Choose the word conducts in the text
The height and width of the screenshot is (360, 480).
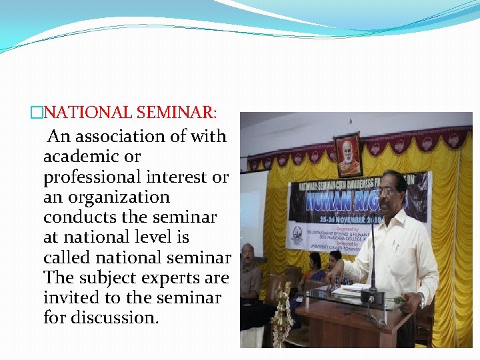pos(84,217)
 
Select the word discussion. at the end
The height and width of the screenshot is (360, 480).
pos(101,317)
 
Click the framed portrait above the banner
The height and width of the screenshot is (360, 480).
pos(347,154)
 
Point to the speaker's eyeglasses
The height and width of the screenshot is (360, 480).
pos(387,191)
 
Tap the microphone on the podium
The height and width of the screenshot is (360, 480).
pos(373,267)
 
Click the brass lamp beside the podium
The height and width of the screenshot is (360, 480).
pos(283,313)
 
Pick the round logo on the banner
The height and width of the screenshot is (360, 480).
pos(296,235)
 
